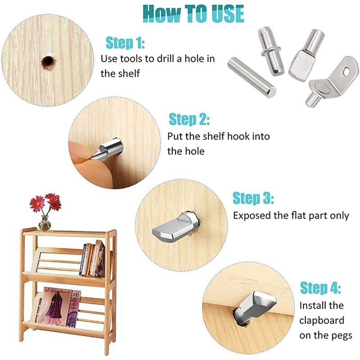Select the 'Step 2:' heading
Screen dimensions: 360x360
click(189, 120)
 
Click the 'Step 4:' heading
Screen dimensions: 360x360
click(320, 288)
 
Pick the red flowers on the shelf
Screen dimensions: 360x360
click(45, 202)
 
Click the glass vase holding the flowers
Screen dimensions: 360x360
click(45, 223)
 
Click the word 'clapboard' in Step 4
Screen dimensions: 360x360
click(322, 320)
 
